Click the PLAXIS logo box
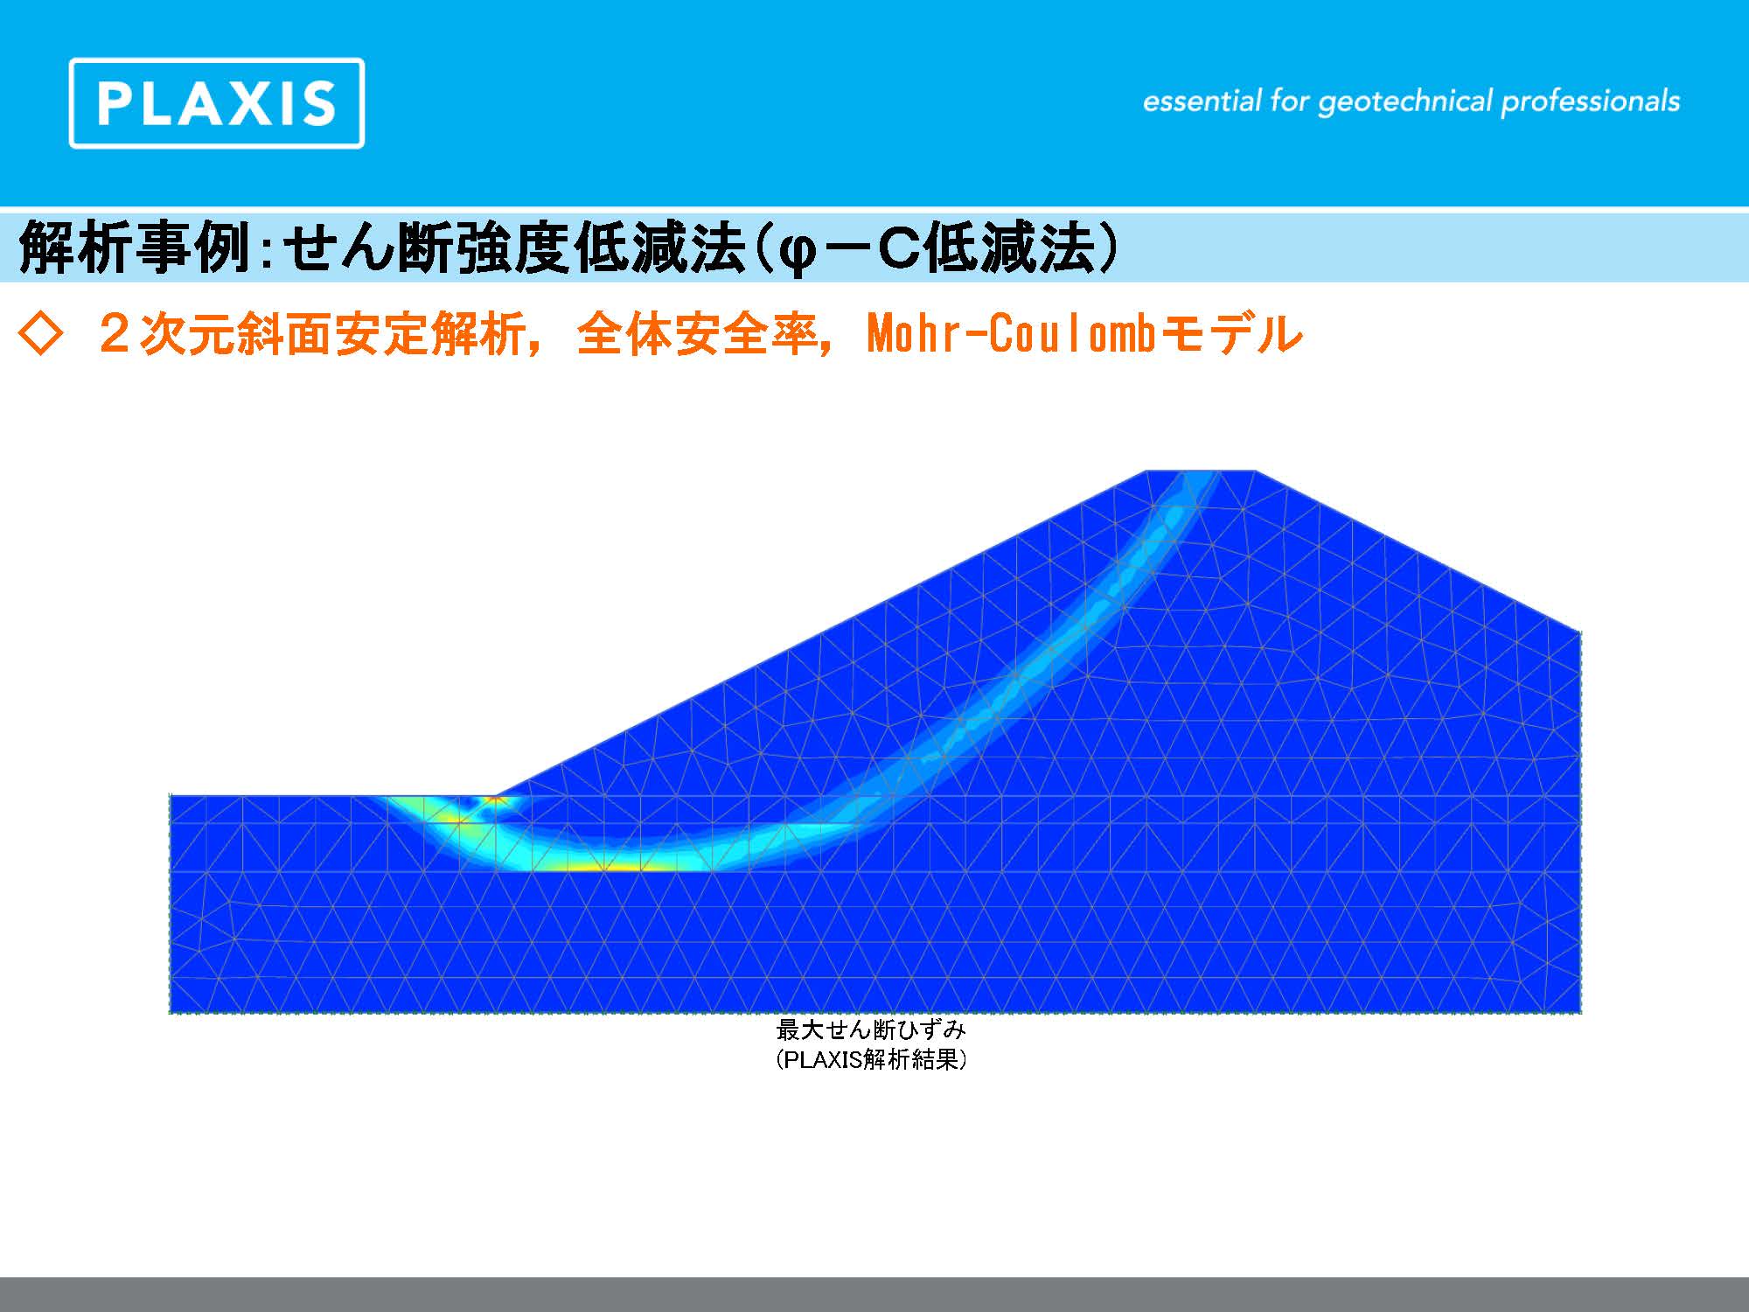click(x=217, y=103)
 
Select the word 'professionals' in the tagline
click(x=1591, y=102)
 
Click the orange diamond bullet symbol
click(x=40, y=335)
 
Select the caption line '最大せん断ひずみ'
click(x=871, y=1029)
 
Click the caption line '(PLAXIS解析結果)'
click(x=871, y=1060)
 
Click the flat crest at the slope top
click(x=1201, y=471)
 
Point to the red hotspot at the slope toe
click(x=496, y=799)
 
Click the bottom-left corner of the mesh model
click(x=170, y=1013)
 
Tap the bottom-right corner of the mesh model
click(x=1581, y=1013)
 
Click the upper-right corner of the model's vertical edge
click(x=1581, y=631)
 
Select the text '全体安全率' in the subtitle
click(x=697, y=334)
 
